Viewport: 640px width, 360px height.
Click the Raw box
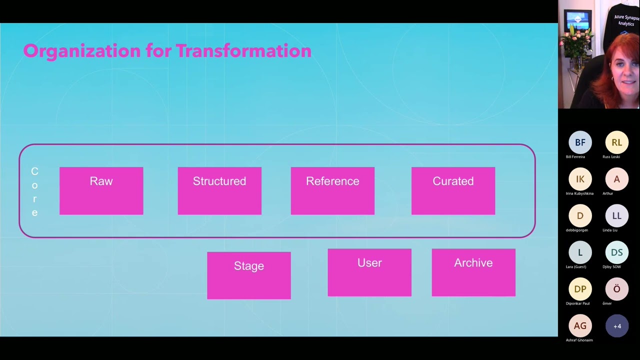(101, 191)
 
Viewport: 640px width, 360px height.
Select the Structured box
(219, 191)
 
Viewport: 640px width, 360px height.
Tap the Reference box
(332, 191)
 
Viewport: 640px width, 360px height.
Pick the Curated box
(453, 191)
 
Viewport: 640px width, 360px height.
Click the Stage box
(248, 275)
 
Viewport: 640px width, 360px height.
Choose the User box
(369, 272)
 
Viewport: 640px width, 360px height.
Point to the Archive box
(473, 272)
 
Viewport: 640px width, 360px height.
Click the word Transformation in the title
(243, 51)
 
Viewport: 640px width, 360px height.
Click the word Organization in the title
(82, 51)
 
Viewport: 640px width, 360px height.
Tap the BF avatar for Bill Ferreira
(580, 142)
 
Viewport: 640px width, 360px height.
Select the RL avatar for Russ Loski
(616, 142)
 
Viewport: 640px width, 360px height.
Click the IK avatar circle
(580, 179)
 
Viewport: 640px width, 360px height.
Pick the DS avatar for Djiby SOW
(616, 252)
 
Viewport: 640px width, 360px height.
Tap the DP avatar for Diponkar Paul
(580, 289)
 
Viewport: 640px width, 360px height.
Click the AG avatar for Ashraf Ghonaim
(580, 326)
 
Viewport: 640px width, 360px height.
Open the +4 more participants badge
(616, 326)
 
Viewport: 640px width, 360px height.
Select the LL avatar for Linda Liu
(616, 216)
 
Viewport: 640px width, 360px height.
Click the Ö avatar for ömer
(616, 289)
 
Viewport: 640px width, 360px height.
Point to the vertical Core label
(34, 192)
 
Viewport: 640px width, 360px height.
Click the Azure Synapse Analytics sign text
(626, 20)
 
